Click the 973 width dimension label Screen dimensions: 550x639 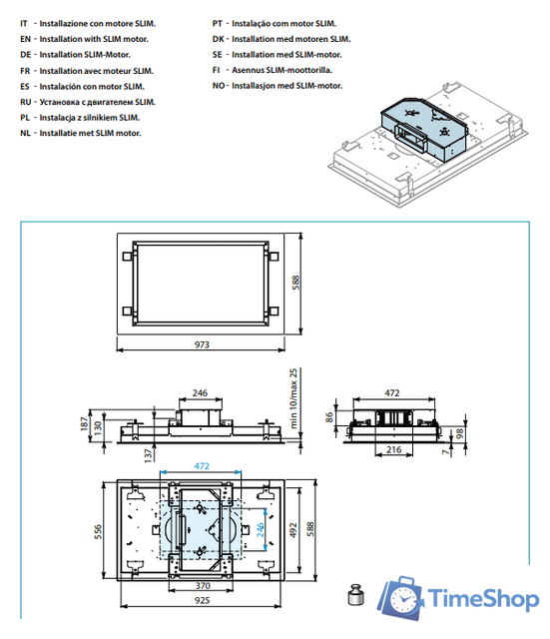[202, 344]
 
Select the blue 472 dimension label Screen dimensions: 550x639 [202, 466]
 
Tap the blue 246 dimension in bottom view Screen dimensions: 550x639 [261, 529]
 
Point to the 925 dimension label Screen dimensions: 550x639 [202, 600]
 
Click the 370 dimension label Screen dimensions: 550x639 [203, 586]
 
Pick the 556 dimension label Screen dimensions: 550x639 [98, 532]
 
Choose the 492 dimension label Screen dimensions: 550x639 [292, 530]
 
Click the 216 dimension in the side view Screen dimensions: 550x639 [393, 449]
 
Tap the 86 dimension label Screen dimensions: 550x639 [328, 417]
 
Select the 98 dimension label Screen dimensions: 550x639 [459, 433]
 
